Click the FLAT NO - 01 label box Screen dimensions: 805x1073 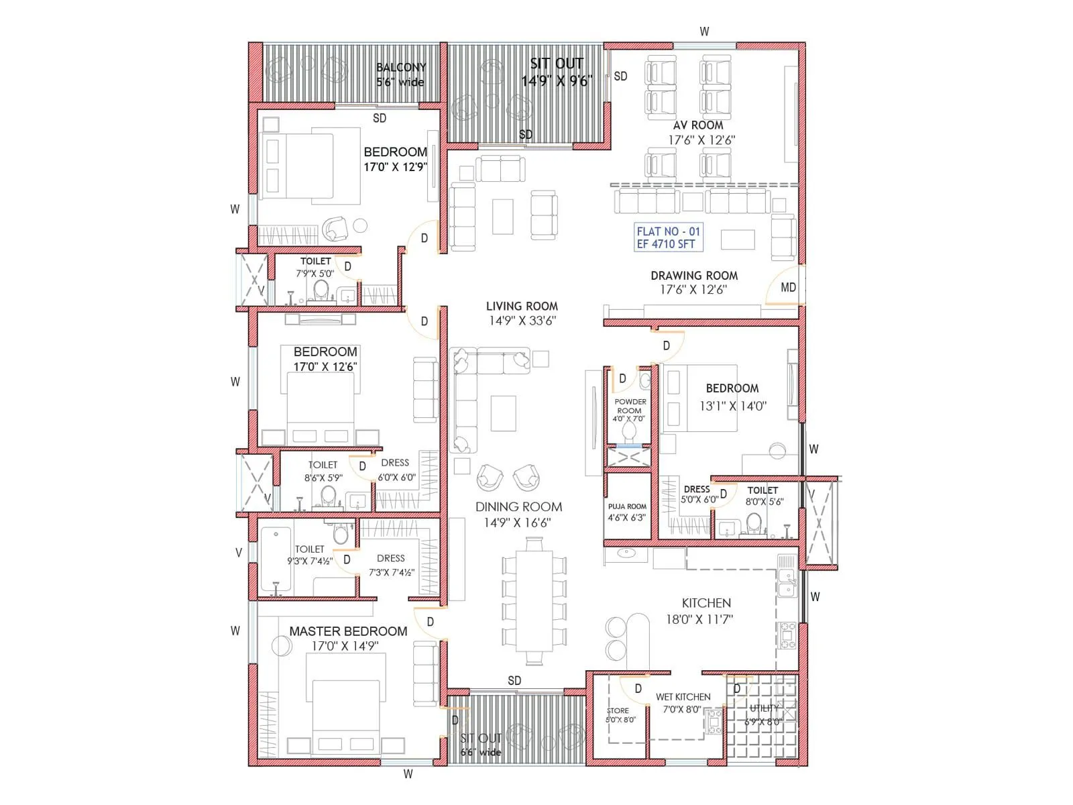coord(669,237)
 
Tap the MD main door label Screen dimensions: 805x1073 coord(788,287)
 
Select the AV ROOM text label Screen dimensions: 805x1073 coord(698,125)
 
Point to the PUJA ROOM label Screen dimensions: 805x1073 coord(627,512)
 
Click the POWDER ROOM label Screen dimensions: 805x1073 coord(630,410)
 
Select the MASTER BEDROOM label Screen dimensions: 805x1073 coord(347,638)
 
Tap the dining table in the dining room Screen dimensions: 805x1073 coord(534,601)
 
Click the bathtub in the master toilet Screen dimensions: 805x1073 coord(276,560)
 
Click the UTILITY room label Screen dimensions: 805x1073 coord(764,714)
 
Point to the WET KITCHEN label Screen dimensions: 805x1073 coord(683,703)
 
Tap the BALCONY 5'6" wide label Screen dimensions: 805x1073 coord(400,74)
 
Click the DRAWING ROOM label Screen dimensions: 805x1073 coord(694,282)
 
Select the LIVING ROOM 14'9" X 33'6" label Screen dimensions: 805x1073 coord(522,313)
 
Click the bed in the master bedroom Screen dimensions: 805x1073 coord(345,711)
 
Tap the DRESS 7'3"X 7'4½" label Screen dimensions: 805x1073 coord(391,565)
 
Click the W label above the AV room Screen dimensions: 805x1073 coord(704,32)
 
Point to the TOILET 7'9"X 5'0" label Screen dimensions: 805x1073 coord(315,267)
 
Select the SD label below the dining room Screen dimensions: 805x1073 coord(514,680)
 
